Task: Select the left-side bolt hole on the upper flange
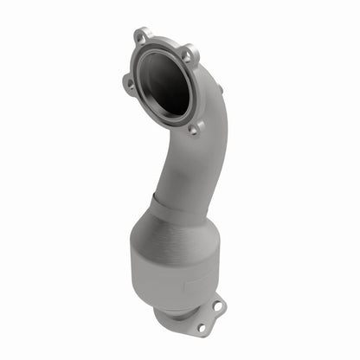129,84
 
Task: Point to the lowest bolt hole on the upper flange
193,128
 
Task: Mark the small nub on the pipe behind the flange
220,87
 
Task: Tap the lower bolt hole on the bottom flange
201,327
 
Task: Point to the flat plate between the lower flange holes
208,316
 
